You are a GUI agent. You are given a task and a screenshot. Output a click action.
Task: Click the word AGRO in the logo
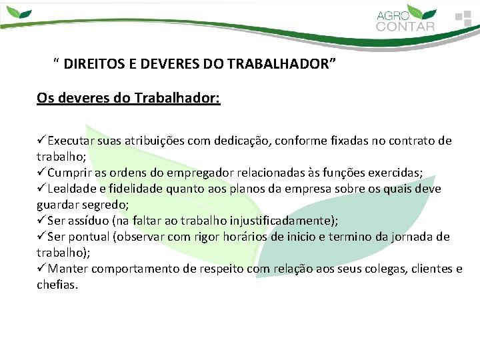click(x=391, y=15)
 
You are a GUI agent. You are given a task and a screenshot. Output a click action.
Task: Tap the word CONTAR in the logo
click(x=405, y=27)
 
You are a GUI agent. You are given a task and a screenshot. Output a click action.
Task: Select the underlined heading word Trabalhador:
click(x=177, y=99)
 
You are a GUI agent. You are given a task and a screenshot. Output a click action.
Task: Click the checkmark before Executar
click(x=41, y=141)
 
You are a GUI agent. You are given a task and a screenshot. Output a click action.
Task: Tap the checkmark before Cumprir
click(x=41, y=173)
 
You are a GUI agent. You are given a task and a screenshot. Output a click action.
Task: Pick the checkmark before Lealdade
click(x=41, y=189)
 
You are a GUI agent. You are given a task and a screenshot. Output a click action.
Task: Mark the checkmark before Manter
click(x=41, y=269)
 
